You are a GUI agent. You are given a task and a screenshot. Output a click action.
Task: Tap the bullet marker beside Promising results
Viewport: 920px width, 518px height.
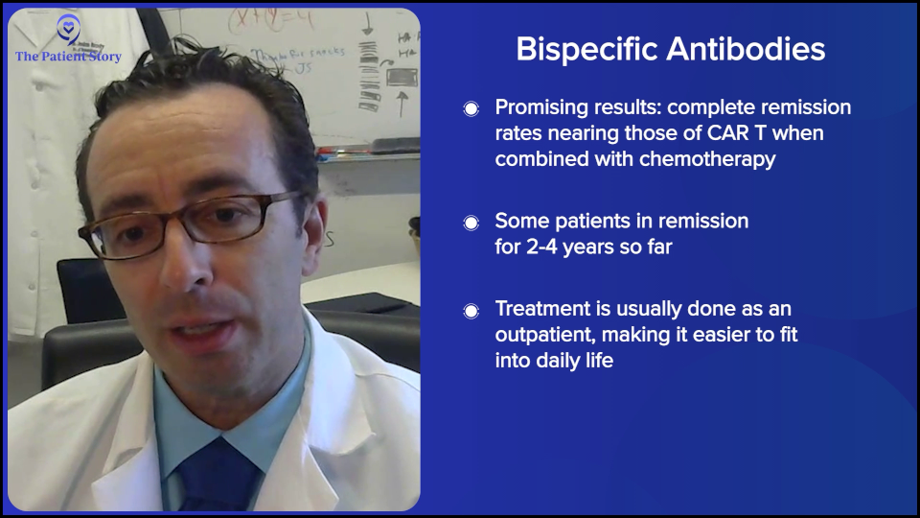coord(471,109)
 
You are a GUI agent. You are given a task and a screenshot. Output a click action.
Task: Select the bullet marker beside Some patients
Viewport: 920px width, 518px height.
coord(471,223)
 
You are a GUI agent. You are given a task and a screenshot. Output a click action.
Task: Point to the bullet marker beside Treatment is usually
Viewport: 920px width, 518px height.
coord(471,311)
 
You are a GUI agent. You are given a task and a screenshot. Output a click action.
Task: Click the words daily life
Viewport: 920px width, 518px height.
coord(579,362)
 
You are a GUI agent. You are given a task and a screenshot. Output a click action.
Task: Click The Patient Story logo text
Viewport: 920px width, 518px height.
coord(68,57)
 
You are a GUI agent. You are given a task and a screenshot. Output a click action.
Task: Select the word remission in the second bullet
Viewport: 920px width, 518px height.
coord(702,222)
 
